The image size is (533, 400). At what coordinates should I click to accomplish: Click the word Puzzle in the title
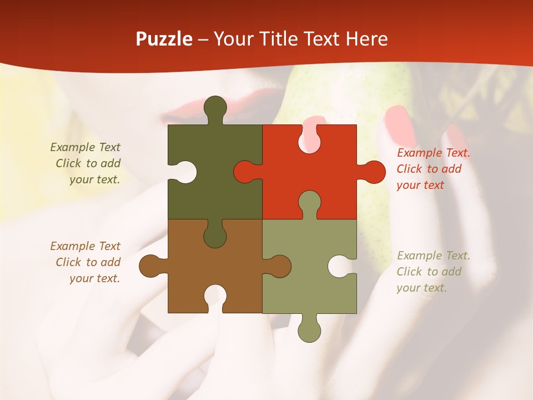point(164,39)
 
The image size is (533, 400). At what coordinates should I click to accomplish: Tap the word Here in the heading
point(366,39)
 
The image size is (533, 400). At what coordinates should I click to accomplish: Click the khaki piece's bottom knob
point(309,331)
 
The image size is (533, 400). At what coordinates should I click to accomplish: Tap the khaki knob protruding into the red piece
point(309,202)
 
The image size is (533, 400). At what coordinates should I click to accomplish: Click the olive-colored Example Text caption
point(87,163)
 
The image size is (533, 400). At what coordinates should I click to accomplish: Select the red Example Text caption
point(433,169)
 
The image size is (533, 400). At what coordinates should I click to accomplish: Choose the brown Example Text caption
point(87,262)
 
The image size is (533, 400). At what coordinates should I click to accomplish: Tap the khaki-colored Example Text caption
point(433,272)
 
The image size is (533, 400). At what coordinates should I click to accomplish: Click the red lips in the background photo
point(178,111)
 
